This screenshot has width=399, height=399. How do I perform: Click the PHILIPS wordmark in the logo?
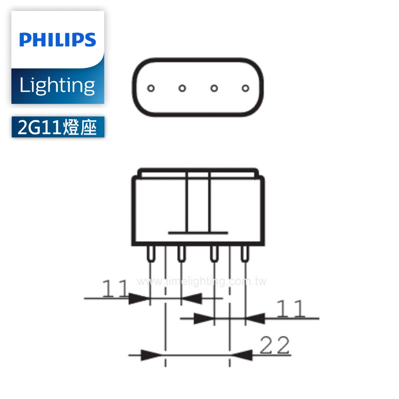click(x=57, y=39)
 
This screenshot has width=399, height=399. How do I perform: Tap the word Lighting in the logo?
click(x=57, y=86)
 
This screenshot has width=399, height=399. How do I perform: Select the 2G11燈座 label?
click(x=57, y=128)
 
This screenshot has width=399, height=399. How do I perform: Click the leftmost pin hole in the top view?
click(x=151, y=88)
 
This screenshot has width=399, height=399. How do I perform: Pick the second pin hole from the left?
click(x=182, y=88)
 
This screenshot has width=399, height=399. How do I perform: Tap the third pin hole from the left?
click(x=213, y=88)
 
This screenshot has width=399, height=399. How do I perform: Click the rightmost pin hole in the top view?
click(x=245, y=88)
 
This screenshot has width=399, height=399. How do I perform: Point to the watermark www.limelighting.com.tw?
click(x=201, y=282)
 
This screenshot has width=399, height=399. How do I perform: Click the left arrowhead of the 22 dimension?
click(x=153, y=355)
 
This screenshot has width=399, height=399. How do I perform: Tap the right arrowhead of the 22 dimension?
click(x=241, y=355)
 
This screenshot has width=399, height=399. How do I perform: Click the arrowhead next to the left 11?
click(x=139, y=298)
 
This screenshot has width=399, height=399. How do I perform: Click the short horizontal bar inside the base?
click(x=198, y=232)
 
